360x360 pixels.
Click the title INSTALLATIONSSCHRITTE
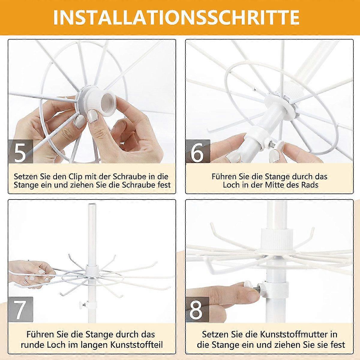176,17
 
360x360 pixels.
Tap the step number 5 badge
21,151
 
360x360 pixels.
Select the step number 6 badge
198,151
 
